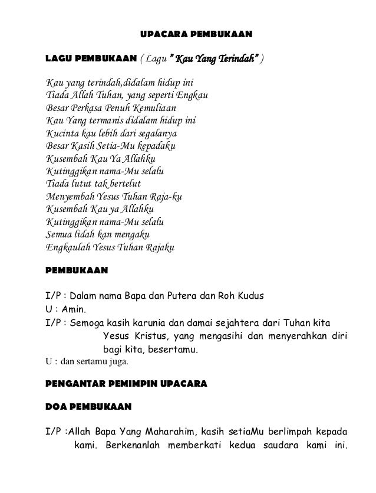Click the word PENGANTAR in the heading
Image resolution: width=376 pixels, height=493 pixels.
pos(74,384)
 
